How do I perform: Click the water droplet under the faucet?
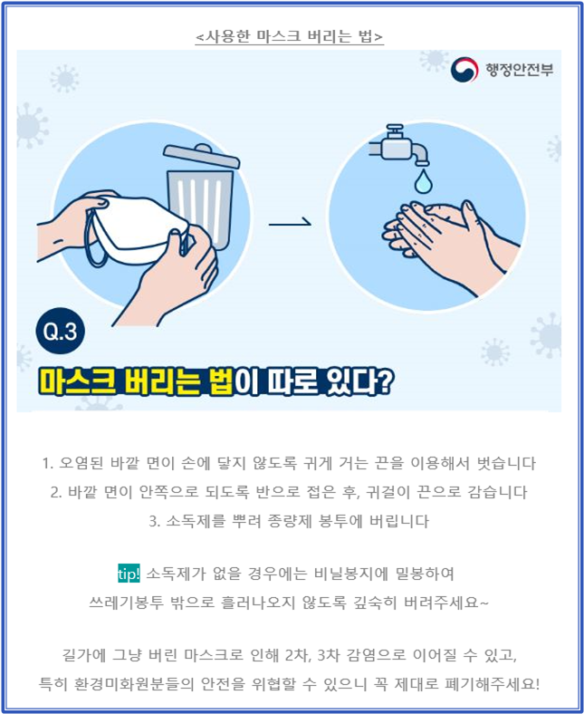(423, 181)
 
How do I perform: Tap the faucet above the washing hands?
(399, 145)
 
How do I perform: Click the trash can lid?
(201, 156)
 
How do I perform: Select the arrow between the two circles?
(290, 223)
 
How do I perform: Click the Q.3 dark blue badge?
(60, 331)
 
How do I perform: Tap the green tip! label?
(129, 574)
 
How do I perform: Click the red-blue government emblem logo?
(464, 70)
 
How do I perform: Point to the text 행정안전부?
(520, 70)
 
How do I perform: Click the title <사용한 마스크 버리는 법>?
(290, 36)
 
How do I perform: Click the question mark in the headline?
(384, 381)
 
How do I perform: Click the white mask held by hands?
(136, 226)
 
